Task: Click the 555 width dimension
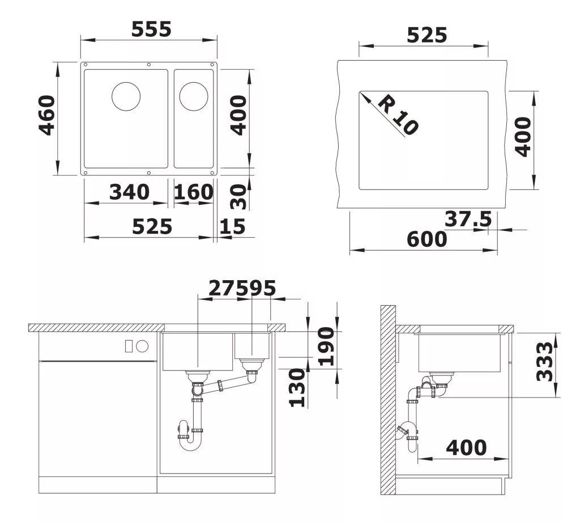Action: (151, 29)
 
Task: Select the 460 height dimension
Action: (47, 115)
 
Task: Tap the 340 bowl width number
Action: (129, 192)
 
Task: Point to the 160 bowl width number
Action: (194, 192)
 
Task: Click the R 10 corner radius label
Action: (398, 115)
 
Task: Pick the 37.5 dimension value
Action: (468, 219)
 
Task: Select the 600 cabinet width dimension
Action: (427, 239)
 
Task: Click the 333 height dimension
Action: (545, 361)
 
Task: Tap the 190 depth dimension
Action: (327, 346)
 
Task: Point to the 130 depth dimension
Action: (297, 387)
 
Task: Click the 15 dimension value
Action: (232, 226)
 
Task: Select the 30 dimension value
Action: (238, 197)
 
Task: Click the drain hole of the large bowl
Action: (126, 96)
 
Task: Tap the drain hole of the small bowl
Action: (194, 96)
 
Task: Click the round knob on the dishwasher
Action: (142, 346)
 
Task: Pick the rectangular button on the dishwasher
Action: (129, 346)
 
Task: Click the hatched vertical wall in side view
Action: (388, 400)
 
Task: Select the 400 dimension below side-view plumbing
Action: (466, 447)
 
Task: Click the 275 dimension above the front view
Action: (223, 288)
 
